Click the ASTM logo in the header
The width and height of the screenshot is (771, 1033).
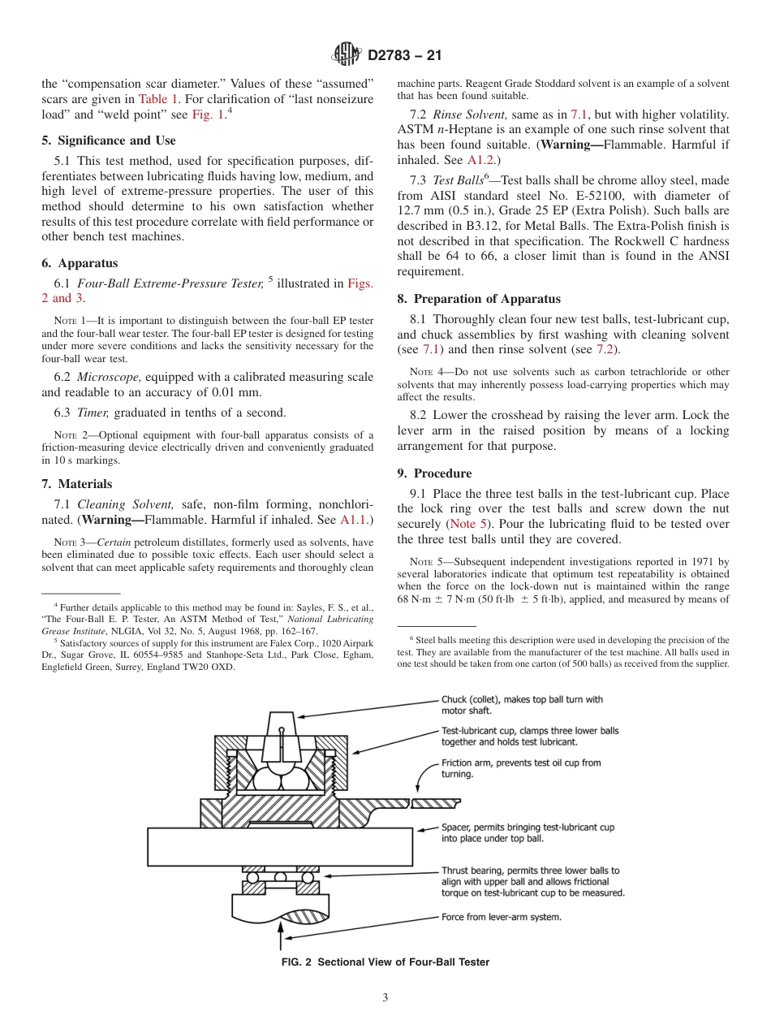tap(347, 55)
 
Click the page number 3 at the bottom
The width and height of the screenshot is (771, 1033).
tap(385, 997)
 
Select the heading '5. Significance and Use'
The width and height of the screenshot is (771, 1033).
tap(108, 140)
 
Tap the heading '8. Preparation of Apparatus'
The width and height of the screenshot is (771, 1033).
tap(479, 299)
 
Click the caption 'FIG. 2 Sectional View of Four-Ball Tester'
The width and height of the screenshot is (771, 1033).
tap(385, 962)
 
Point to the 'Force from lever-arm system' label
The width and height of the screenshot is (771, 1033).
tap(501, 918)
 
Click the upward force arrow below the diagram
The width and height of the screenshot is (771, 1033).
tap(281, 938)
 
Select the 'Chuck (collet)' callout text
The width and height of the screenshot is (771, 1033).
tap(522, 704)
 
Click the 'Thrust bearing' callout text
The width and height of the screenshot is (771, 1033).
tap(532, 881)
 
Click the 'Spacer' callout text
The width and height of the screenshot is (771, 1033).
tap(528, 832)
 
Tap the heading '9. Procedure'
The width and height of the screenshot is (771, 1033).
tap(434, 473)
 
